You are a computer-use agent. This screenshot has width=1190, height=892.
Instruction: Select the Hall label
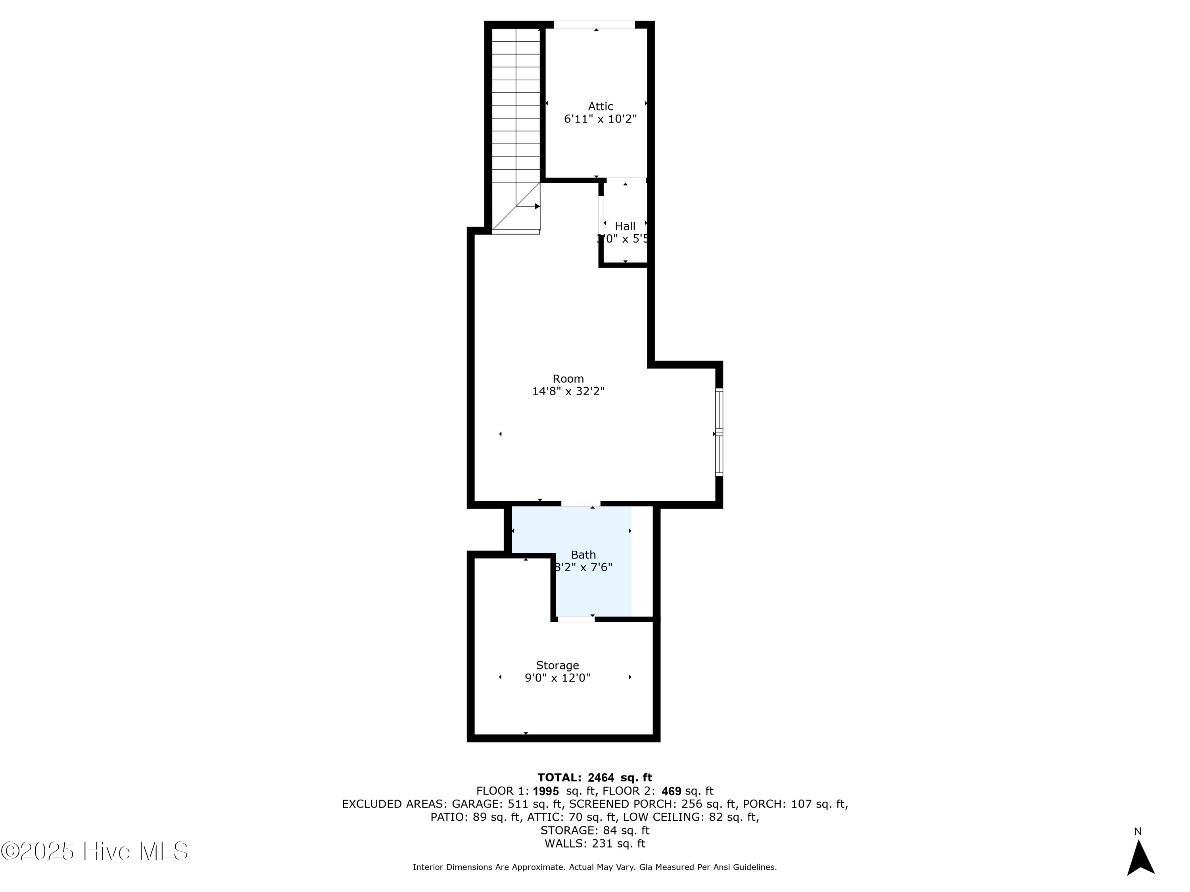pos(625,226)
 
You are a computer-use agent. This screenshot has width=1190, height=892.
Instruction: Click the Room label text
pos(568,379)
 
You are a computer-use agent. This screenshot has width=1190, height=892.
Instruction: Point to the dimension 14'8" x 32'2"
pos(568,391)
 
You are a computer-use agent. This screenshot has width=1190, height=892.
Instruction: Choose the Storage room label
pos(557,665)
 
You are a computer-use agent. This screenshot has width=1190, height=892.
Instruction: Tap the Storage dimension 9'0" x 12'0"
pos(557,678)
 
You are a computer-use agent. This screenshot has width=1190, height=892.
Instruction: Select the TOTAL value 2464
pos(601,777)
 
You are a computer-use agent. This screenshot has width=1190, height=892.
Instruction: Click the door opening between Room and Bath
pos(580,504)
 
